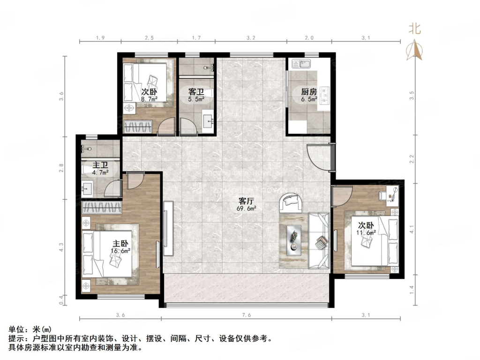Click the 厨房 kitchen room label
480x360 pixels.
pyautogui.click(x=309, y=92)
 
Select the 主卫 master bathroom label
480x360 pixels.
pyautogui.click(x=100, y=165)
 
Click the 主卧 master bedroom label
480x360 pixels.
pyautogui.click(x=120, y=244)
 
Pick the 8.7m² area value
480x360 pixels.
pyautogui.click(x=149, y=99)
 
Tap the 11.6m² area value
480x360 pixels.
pyautogui.click(x=368, y=232)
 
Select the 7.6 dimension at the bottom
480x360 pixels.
pyautogui.click(x=247, y=315)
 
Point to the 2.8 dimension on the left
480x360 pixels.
pyautogui.click(x=61, y=168)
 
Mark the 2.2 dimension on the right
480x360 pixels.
pyautogui.click(x=412, y=159)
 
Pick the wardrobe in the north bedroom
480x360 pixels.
pyautogui.click(x=138, y=127)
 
